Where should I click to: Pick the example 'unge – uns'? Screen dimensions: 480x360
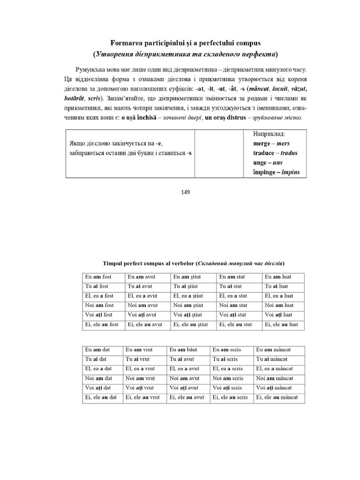(268, 163)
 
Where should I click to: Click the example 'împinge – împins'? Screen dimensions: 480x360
(276, 172)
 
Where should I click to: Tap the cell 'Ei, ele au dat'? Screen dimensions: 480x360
(101, 397)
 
